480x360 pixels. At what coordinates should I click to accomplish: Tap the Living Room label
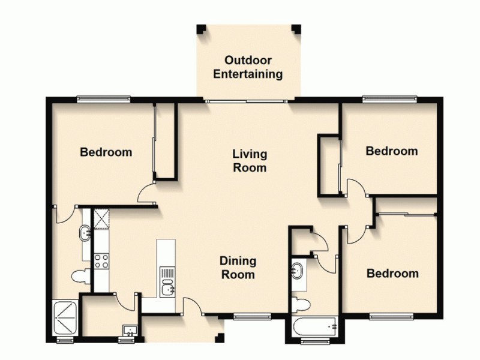point(249,161)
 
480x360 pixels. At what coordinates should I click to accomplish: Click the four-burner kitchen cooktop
point(100,260)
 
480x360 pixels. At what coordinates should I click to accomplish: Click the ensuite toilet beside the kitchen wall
point(80,277)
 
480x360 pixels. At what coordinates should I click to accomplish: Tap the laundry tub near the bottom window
point(130,330)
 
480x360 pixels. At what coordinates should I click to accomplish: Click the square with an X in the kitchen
point(100,218)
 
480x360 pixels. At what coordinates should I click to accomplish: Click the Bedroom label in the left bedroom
point(106,152)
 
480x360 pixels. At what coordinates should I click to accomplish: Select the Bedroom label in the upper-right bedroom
point(392,151)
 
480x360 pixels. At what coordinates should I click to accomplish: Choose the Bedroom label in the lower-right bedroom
point(392,274)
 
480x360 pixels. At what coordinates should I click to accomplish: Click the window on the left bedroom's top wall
point(103,99)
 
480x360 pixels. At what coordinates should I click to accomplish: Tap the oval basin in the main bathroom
point(296,269)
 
